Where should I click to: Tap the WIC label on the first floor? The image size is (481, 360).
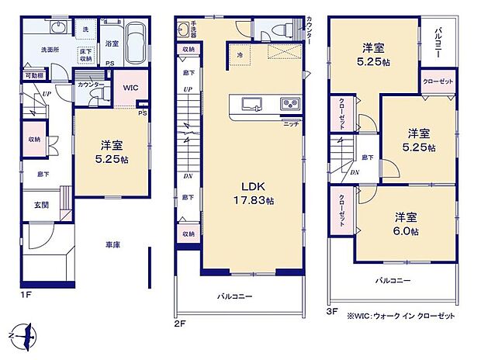point(130,88)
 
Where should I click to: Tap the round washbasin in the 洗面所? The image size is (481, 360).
point(57,28)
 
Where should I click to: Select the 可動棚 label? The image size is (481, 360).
point(33,76)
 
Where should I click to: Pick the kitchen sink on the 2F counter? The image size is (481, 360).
point(252,105)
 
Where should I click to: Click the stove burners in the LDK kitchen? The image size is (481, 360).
point(287,105)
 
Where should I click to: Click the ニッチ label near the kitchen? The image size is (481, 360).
point(291,123)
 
